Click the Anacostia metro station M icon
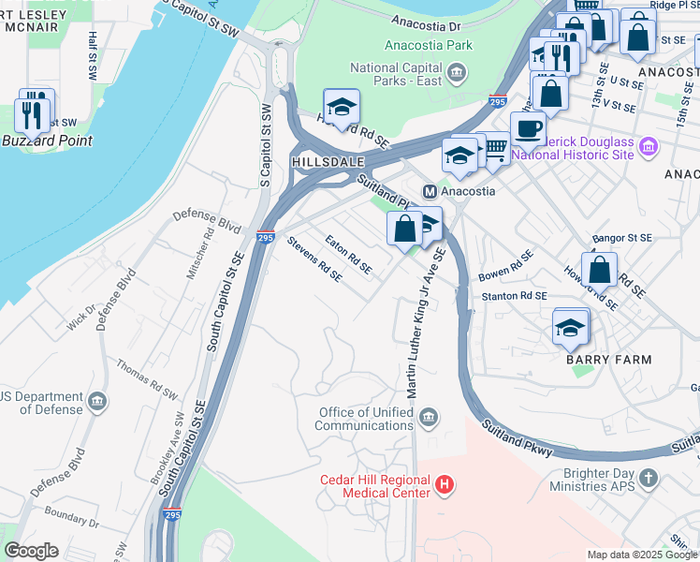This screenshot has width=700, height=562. pos(430,190)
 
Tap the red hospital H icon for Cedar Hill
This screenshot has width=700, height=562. pos(445,484)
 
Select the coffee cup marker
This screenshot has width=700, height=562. pos(528,129)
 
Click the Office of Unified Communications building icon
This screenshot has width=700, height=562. pos(429,417)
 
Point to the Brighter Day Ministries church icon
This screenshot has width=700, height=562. pos(649,479)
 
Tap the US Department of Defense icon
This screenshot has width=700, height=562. pos(96,403)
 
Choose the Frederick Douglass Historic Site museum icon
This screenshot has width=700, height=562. pos(649,147)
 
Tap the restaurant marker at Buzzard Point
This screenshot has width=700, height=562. pos(35,114)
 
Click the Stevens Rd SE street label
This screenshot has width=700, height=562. pos(314,259)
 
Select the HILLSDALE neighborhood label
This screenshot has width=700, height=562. pos(326,162)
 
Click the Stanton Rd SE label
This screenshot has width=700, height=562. pos(513,296)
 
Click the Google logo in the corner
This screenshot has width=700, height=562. pos(31,551)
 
